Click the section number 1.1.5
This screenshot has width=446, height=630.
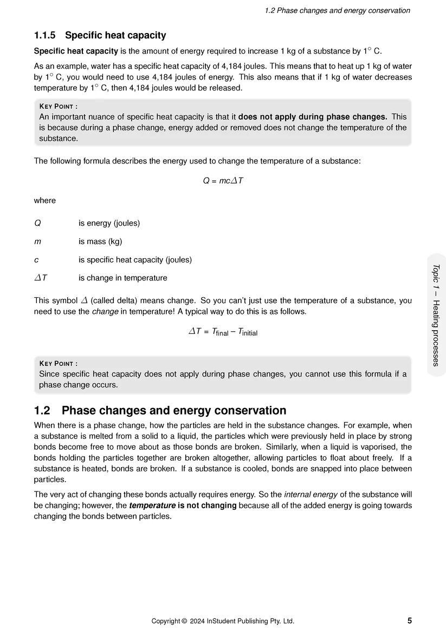pos(44,36)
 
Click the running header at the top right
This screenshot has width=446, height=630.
pos(337,11)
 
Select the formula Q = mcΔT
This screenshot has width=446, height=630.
pos(223,181)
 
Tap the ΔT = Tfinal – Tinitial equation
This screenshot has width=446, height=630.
pos(223,332)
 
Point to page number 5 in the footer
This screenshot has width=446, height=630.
pos(409,621)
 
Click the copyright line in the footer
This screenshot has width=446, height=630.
pos(223,621)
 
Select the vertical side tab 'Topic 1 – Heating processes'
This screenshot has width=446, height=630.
pos(436,315)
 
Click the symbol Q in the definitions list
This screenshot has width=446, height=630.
pos(37,223)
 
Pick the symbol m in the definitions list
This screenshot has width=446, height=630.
pos(38,241)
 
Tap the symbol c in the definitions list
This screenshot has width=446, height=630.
pos(36,260)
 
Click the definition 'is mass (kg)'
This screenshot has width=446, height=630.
pos(104,241)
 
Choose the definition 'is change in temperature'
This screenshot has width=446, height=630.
pos(122,278)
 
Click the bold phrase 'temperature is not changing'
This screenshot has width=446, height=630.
pos(183,506)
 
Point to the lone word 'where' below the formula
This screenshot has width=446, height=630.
pos(45,200)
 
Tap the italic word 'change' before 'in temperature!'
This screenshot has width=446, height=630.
pos(105,312)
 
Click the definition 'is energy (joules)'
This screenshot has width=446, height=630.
pos(109,223)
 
